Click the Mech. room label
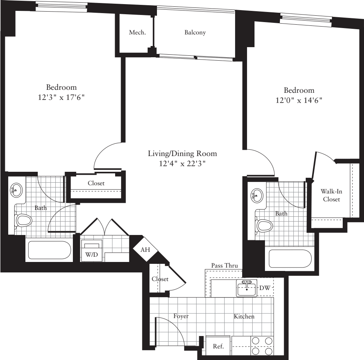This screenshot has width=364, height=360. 137,33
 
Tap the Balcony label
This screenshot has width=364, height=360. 195,33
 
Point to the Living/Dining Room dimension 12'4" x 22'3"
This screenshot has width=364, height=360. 182,163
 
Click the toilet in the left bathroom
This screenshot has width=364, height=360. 23,220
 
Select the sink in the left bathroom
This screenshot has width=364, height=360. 16,190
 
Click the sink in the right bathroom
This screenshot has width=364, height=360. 257,195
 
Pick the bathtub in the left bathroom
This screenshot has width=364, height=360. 49,251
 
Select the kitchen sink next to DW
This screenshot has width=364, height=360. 247,288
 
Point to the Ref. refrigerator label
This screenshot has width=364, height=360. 218,346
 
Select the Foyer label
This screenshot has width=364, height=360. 181,316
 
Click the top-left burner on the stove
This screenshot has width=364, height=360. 256,341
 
